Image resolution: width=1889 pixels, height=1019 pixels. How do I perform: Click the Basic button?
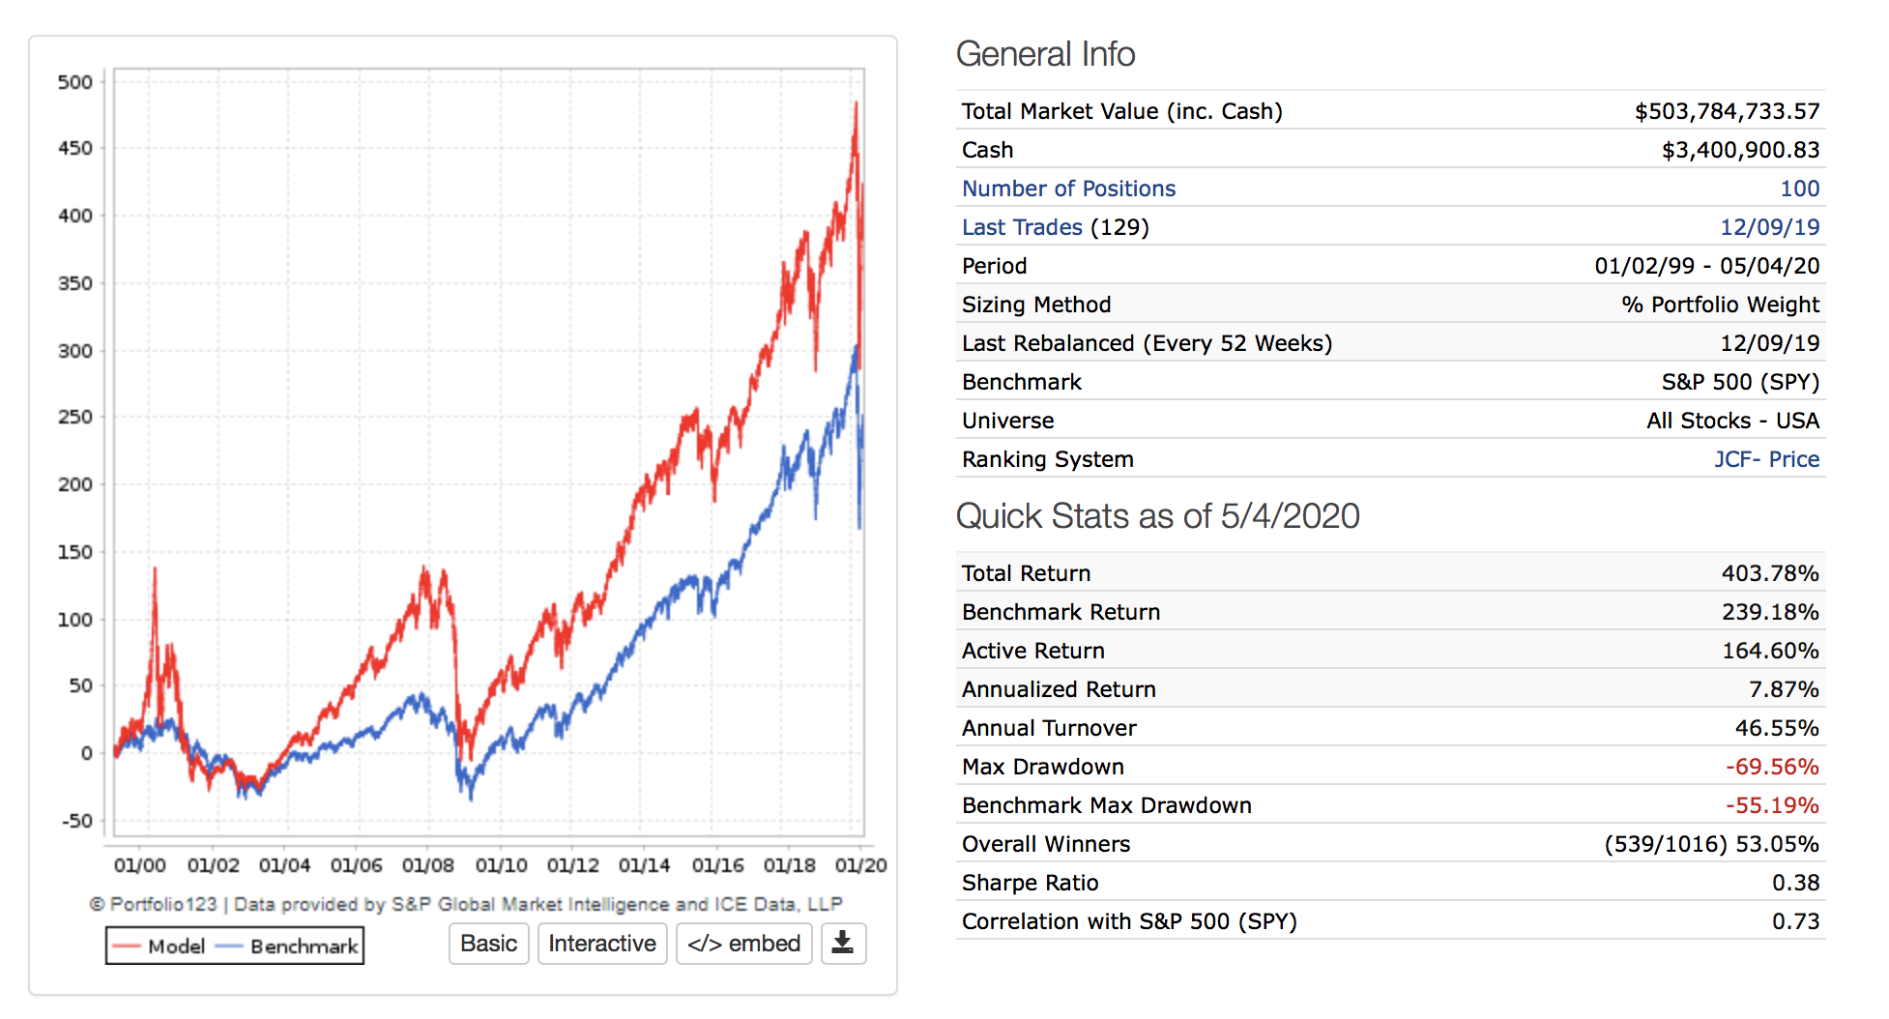tap(488, 944)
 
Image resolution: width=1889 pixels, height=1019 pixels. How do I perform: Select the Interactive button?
tap(601, 944)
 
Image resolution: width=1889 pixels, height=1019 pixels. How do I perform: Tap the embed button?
tap(743, 944)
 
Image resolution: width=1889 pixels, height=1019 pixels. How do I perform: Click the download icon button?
tap(843, 944)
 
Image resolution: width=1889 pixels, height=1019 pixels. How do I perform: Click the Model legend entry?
tap(159, 946)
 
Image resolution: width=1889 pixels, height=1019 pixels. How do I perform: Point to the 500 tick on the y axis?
tap(75, 82)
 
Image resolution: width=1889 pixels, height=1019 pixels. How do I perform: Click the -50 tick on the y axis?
tap(77, 821)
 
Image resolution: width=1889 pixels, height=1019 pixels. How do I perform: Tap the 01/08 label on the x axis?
tap(428, 865)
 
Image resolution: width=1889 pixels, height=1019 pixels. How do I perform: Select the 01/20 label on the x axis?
tap(860, 865)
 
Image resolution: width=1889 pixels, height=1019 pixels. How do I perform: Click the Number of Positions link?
tap(1068, 189)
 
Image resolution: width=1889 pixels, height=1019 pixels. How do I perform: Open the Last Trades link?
tap(1022, 227)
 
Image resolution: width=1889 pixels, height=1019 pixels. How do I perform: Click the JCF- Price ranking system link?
tap(1766, 459)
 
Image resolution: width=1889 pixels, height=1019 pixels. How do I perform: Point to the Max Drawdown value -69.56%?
tap(1772, 767)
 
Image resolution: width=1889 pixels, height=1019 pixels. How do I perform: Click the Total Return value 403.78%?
tap(1770, 573)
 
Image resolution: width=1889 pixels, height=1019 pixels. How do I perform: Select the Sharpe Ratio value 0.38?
tap(1795, 883)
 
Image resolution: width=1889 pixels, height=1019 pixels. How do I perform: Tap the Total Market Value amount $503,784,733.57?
tap(1727, 111)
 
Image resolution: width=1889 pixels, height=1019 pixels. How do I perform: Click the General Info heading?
tap(1045, 54)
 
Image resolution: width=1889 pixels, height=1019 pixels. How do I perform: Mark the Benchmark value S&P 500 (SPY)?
tap(1740, 382)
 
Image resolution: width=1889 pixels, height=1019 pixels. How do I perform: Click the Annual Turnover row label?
tap(1049, 728)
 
